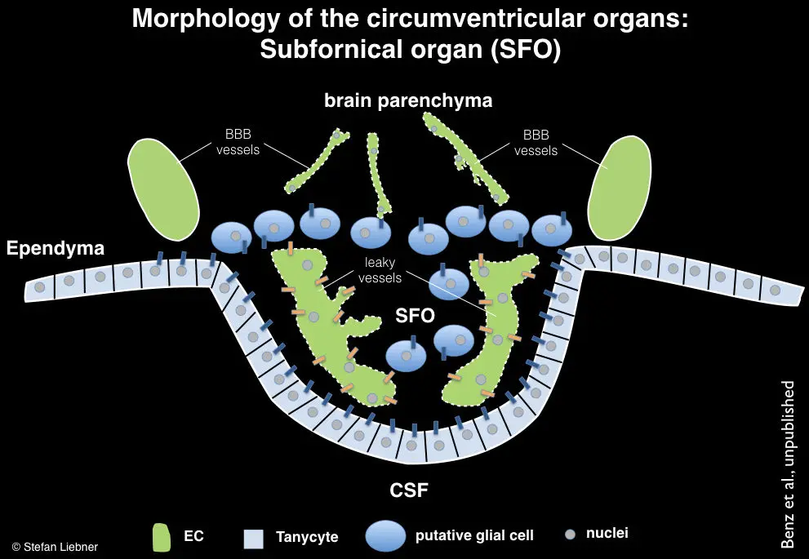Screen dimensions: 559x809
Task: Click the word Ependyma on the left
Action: pyautogui.click(x=56, y=249)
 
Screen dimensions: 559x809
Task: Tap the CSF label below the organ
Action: pyautogui.click(x=408, y=490)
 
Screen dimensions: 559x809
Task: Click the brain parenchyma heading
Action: pyautogui.click(x=408, y=100)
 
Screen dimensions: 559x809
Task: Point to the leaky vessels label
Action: pyautogui.click(x=380, y=270)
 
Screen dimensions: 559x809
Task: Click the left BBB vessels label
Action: pyautogui.click(x=238, y=143)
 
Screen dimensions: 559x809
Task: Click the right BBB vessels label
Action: pyautogui.click(x=536, y=143)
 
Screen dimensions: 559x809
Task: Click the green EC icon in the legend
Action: pyautogui.click(x=161, y=536)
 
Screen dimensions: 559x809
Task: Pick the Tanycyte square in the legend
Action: pyautogui.click(x=253, y=538)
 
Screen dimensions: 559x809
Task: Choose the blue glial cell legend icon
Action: pyautogui.click(x=386, y=535)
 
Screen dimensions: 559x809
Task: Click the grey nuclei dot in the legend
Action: pyautogui.click(x=570, y=535)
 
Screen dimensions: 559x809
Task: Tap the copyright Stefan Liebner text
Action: pyautogui.click(x=55, y=547)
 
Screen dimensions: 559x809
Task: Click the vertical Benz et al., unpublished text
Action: pyautogui.click(x=788, y=464)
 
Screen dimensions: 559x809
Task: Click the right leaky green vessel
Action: pyautogui.click(x=495, y=326)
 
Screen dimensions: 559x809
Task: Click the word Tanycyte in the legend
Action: pyautogui.click(x=307, y=537)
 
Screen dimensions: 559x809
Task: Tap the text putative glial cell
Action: pyautogui.click(x=474, y=535)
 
